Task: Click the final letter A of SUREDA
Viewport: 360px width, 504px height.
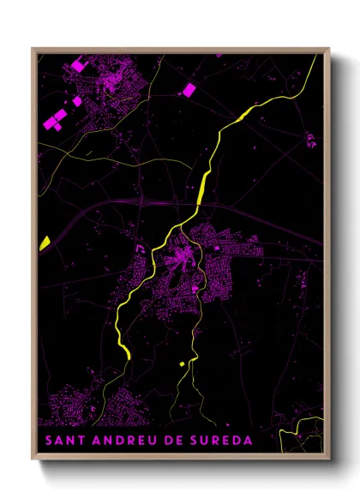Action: pyautogui.click(x=249, y=441)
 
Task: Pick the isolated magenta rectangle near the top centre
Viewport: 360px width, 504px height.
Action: pyautogui.click(x=189, y=89)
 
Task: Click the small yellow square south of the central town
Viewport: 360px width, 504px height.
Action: pyautogui.click(x=181, y=364)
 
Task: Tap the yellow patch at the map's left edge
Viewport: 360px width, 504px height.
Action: pyautogui.click(x=45, y=243)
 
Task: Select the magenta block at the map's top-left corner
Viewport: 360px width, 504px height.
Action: pyautogui.click(x=80, y=64)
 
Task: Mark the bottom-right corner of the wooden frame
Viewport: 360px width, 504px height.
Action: pyautogui.click(x=328, y=459)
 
